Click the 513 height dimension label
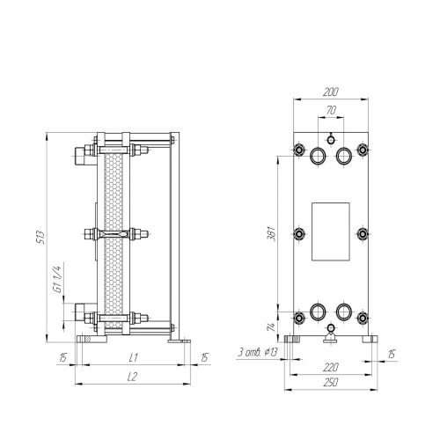[x=40, y=238]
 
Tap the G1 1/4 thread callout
[x=57, y=279]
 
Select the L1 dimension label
[x=134, y=357]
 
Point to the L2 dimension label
[x=133, y=377]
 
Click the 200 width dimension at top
[x=331, y=92]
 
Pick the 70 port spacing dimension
[x=331, y=110]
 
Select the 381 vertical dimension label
[x=271, y=233]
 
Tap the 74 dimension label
[x=271, y=326]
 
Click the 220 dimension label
[x=331, y=367]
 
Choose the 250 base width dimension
[x=331, y=382]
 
